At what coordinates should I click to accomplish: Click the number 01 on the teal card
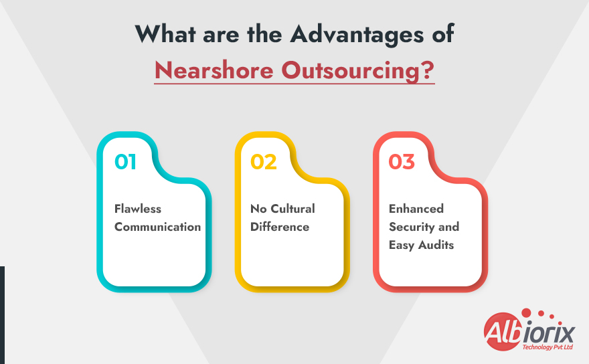(126, 162)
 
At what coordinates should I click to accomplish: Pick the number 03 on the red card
(402, 162)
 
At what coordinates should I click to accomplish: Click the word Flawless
(138, 209)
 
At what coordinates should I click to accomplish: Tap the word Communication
(157, 227)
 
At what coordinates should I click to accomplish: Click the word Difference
(280, 227)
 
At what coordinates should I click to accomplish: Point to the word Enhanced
(416, 209)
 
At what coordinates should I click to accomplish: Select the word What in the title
(166, 34)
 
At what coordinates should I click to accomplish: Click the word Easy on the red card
(402, 245)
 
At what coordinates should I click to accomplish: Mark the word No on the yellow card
(258, 209)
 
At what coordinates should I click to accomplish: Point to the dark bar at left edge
(2, 314)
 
